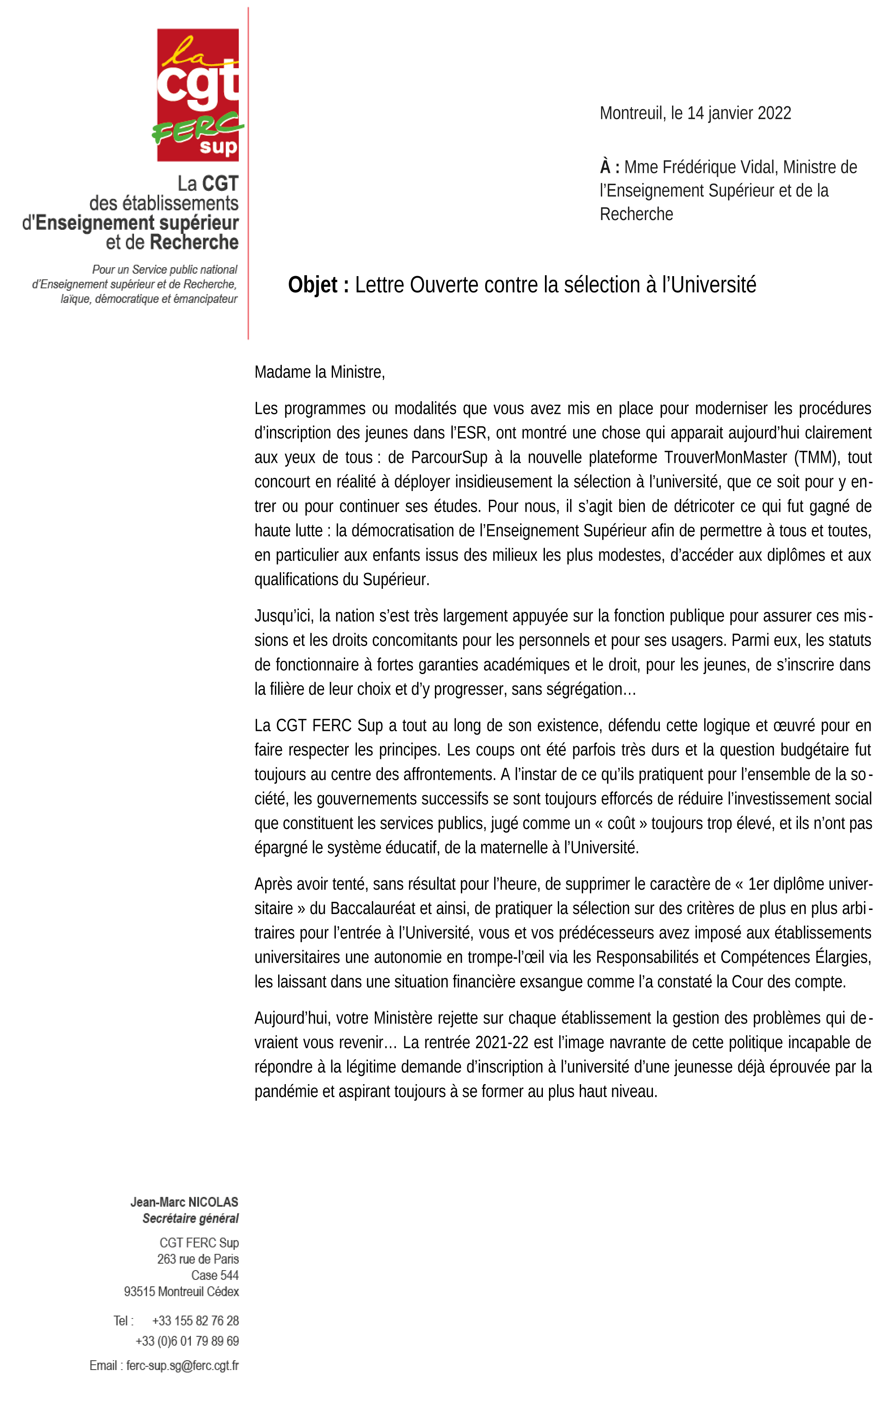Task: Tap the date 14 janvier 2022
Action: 739,113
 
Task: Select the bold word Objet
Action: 313,285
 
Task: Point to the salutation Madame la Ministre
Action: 319,372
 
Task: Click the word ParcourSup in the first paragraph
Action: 449,458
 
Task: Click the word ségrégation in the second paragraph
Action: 590,689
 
